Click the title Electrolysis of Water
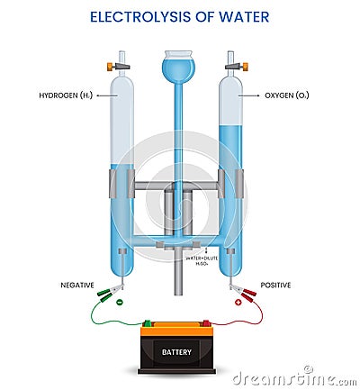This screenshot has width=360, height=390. tap(180, 16)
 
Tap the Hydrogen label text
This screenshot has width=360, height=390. tap(62, 95)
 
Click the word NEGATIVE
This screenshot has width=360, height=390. tap(77, 285)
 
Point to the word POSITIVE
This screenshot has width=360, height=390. tap(275, 285)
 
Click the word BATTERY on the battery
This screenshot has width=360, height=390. tap(176, 351)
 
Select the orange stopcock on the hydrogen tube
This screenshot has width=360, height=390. tap(113, 65)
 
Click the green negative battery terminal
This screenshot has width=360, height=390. tap(147, 322)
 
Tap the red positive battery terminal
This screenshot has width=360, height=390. tap(206, 322)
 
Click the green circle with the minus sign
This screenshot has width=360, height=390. tap(120, 302)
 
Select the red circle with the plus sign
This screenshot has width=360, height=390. tap(238, 302)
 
